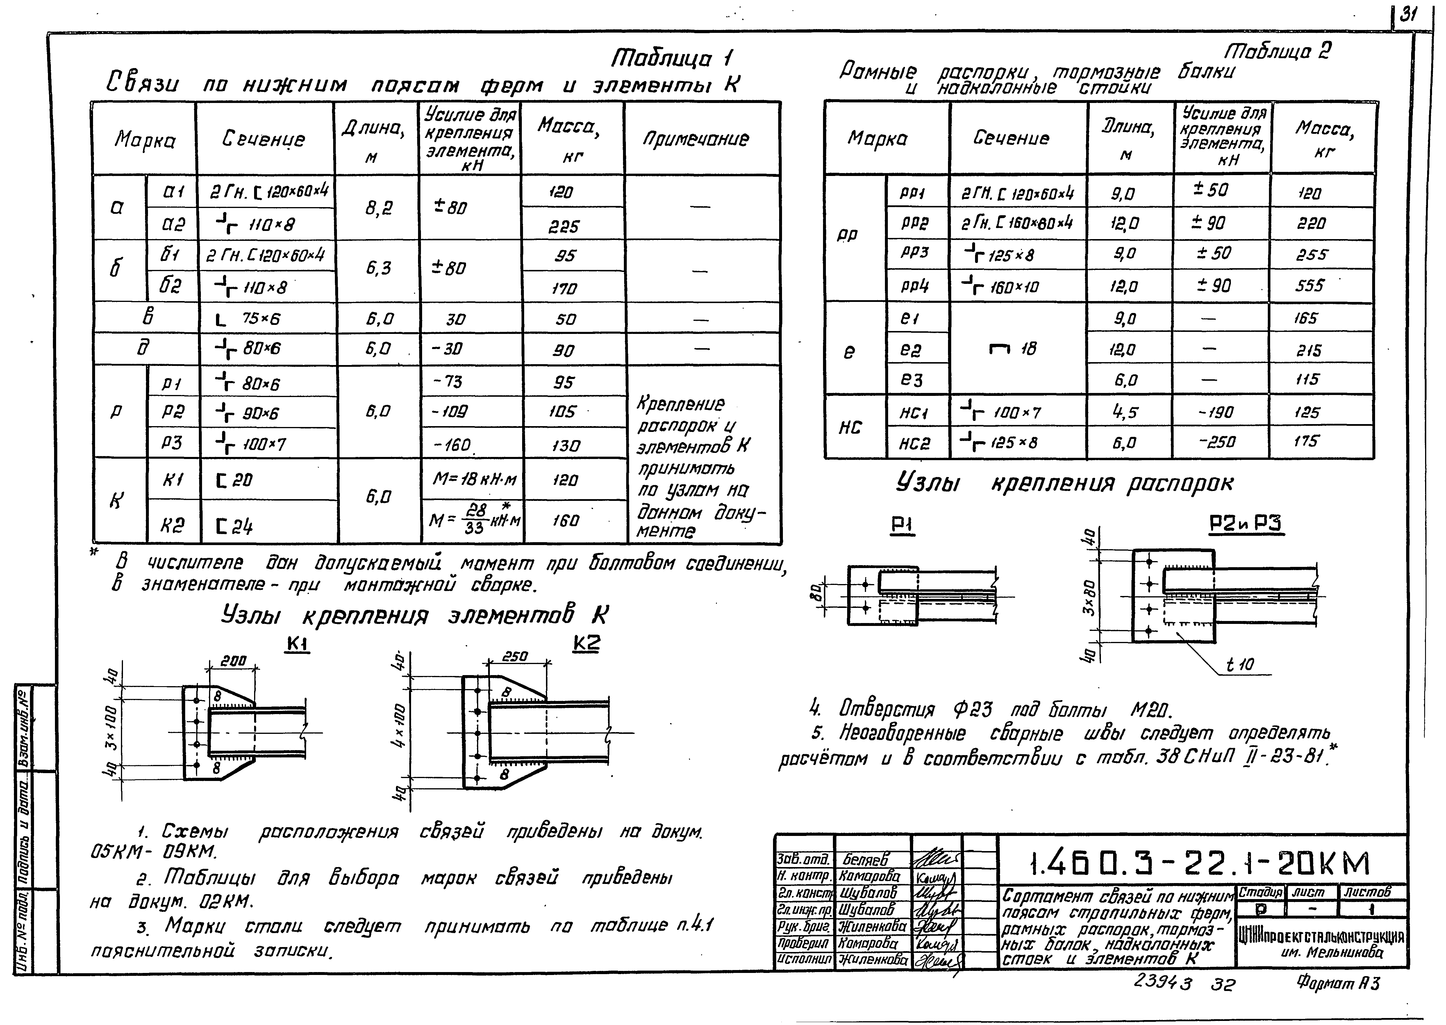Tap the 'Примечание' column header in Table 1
click(x=702, y=139)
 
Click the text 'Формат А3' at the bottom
click(x=1338, y=983)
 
